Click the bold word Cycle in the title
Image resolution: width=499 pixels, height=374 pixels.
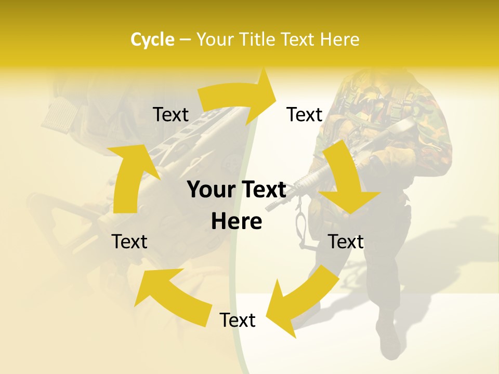tap(152, 39)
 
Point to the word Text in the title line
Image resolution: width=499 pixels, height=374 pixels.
tap(299, 39)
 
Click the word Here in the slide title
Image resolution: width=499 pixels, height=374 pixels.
tap(340, 39)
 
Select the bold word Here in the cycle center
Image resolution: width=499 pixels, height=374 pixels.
tap(237, 222)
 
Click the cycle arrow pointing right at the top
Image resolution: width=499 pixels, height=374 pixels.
tap(239, 96)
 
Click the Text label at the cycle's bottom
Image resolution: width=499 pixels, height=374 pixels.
tap(238, 320)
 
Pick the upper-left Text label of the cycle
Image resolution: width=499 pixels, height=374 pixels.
tap(170, 114)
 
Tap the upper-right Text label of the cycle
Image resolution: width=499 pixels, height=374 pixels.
tap(305, 114)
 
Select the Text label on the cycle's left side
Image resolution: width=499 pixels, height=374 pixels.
tap(129, 242)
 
